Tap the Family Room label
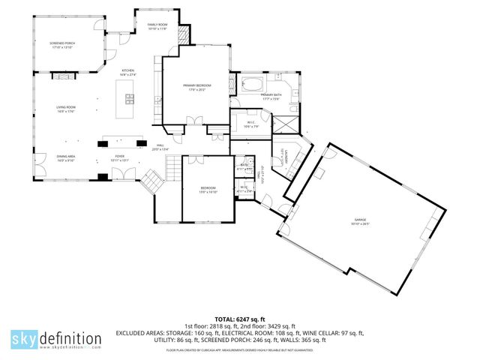click(x=157, y=25)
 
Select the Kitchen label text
click(x=128, y=70)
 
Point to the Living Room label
click(x=66, y=108)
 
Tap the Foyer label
click(x=120, y=158)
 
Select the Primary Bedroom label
click(x=196, y=86)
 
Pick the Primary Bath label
click(x=270, y=95)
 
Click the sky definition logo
click(x=55, y=339)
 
